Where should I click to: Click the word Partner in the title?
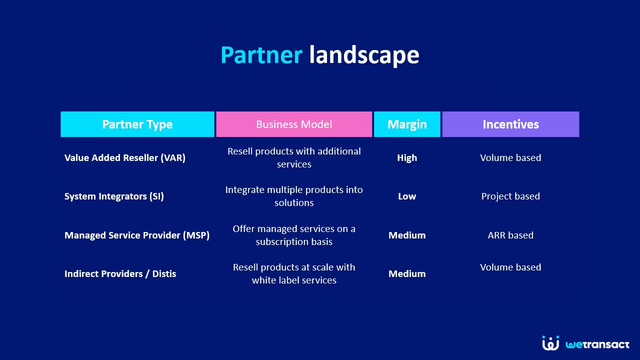pos(261,55)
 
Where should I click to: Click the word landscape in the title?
pos(364,56)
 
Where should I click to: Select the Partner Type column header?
pos(137,124)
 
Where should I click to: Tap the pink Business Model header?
pos(294,124)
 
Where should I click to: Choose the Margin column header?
pos(407,124)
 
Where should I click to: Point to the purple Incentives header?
pos(510,124)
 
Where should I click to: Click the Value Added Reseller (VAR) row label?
pos(125,157)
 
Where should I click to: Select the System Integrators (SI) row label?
pos(114,196)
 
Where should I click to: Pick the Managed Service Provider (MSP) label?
pos(137,235)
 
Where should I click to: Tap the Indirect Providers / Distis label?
pos(120,273)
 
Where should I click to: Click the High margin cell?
pos(407,157)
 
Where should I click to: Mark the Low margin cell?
pos(407,196)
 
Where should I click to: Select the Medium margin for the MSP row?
pos(407,235)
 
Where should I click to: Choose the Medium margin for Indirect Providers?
pos(407,273)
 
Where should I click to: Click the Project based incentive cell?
pos(510,196)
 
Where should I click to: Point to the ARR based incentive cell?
pos(510,235)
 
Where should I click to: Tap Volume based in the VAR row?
pos(510,157)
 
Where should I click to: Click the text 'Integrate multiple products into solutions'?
pos(294,196)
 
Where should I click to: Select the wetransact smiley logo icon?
pos(550,343)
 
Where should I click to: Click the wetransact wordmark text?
pos(597,344)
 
